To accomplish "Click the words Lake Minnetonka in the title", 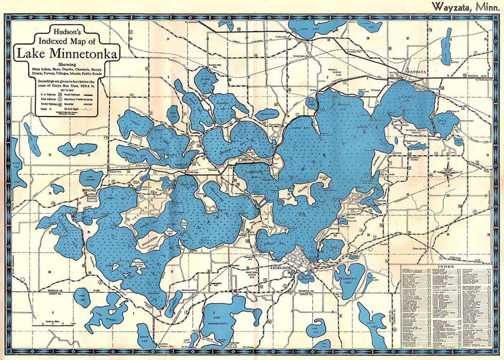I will (67, 53).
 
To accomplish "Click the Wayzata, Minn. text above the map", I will (462, 7).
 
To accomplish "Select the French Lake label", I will (268, 112).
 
